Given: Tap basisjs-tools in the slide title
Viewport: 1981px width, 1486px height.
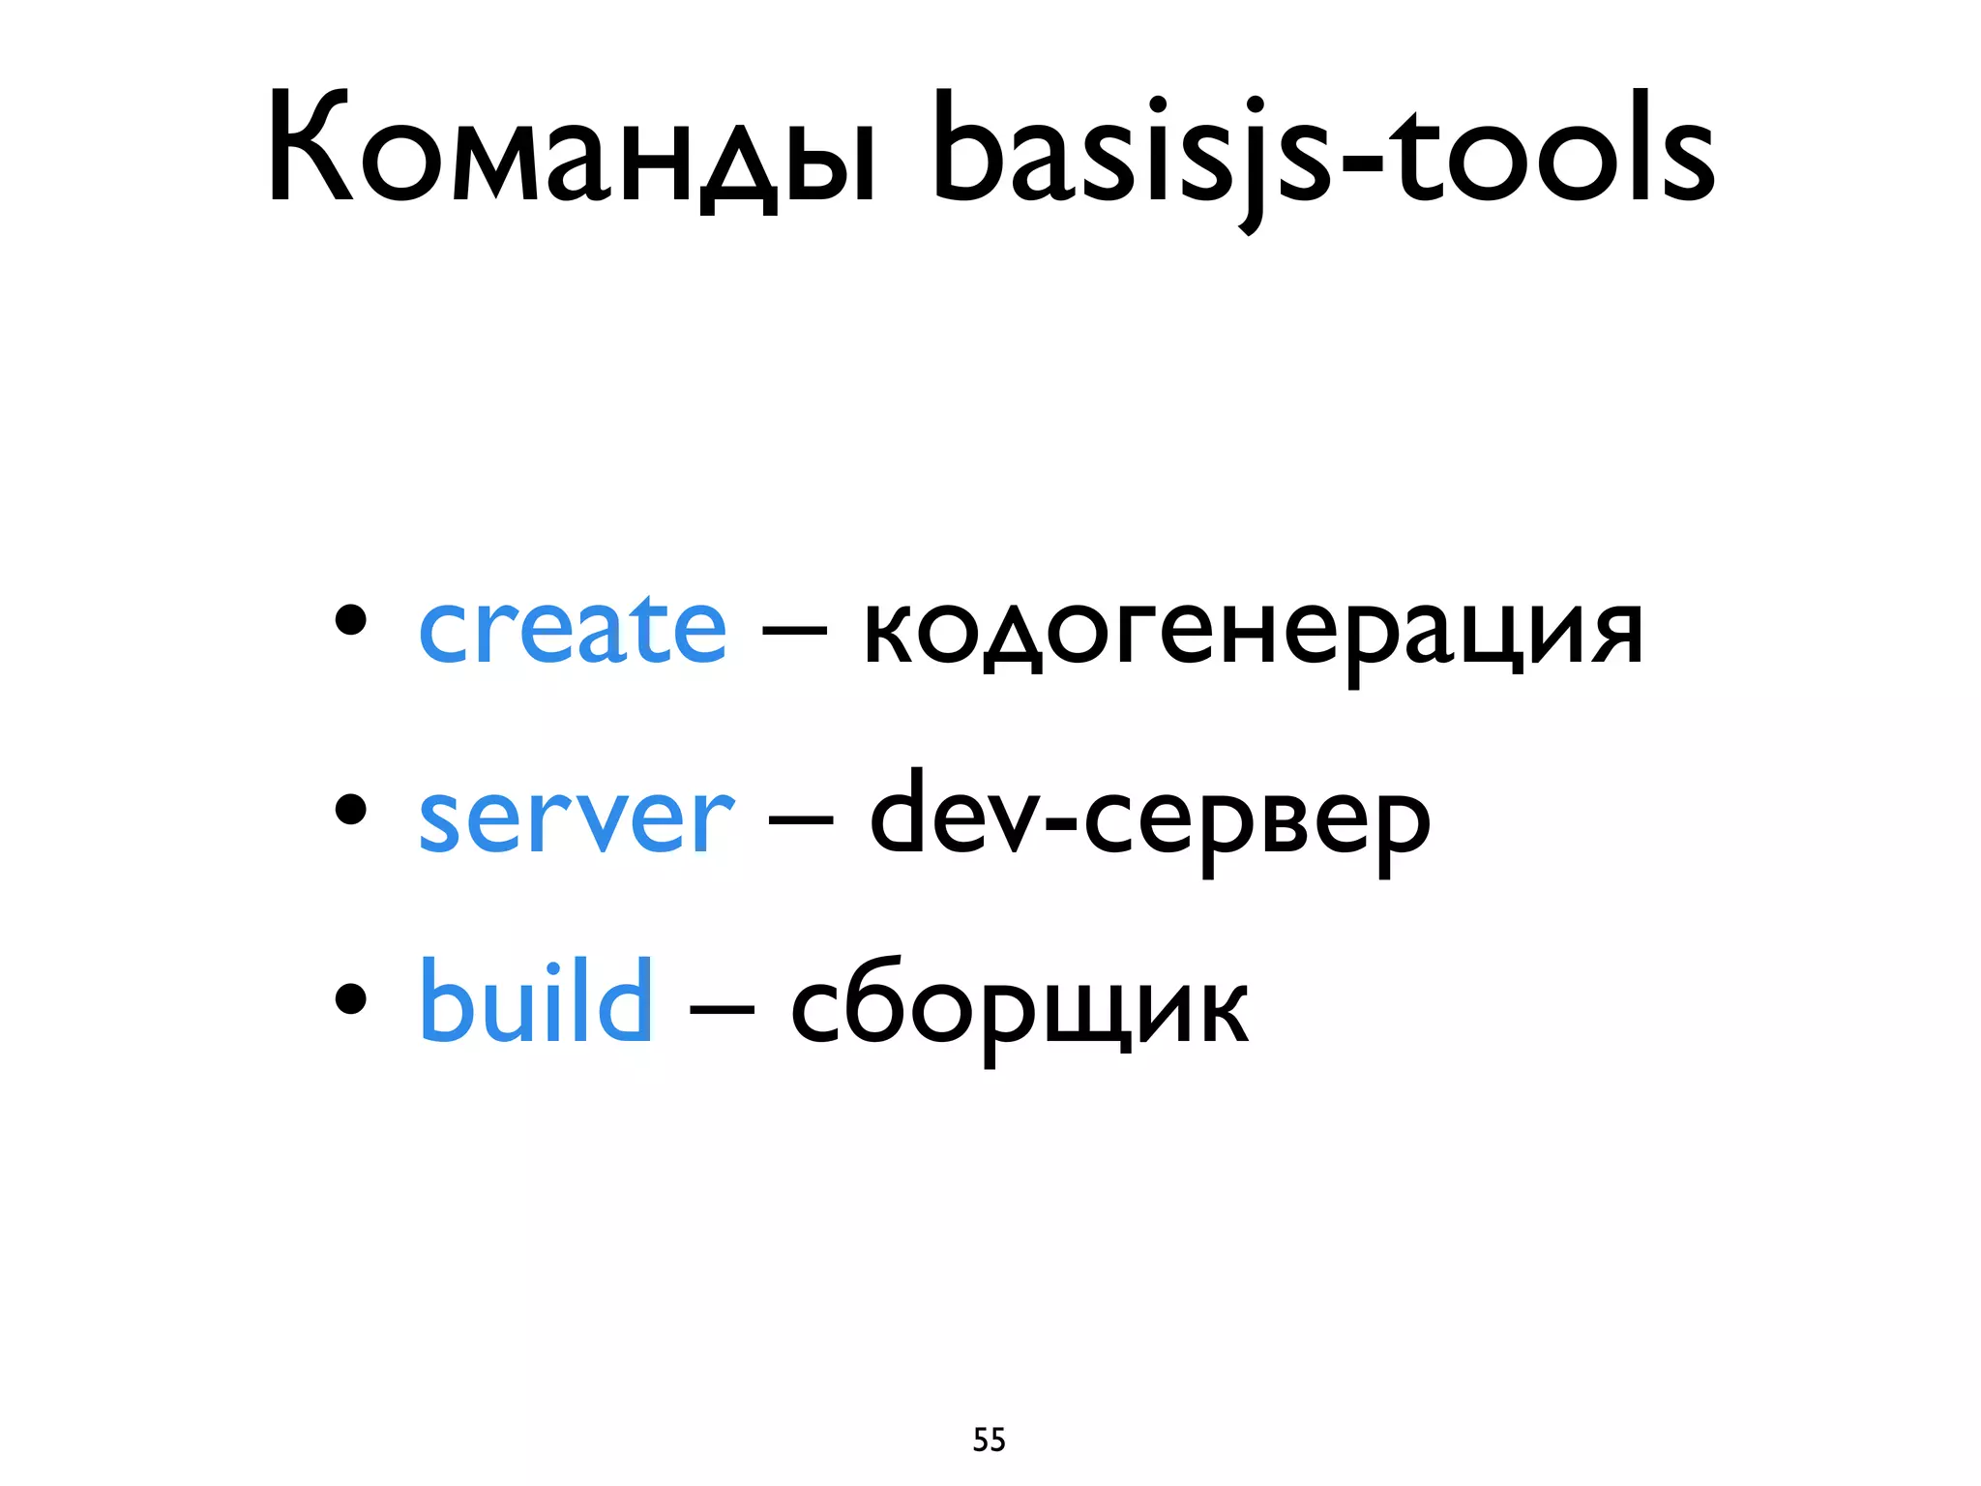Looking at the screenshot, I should coord(1323,155).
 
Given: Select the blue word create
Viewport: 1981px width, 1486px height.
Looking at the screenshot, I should coord(572,629).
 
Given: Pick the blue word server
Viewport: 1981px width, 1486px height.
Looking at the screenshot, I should coord(577,818).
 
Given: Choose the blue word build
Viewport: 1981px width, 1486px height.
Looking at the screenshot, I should coord(536,1002).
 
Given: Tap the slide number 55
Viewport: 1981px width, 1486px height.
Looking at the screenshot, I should coord(989,1440).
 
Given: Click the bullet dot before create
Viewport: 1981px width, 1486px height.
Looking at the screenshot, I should coord(350,620).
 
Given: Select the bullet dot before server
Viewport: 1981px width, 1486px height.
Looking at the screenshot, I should coord(350,810).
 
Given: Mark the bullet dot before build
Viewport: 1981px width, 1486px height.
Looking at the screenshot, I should coord(350,998).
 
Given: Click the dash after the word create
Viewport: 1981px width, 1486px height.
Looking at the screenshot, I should coord(794,634).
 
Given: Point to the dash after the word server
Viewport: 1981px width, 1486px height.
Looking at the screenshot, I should coord(801,823).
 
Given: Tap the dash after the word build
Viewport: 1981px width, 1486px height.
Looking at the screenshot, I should coord(722,1012).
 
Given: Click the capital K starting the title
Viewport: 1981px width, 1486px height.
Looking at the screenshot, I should coord(310,147).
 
